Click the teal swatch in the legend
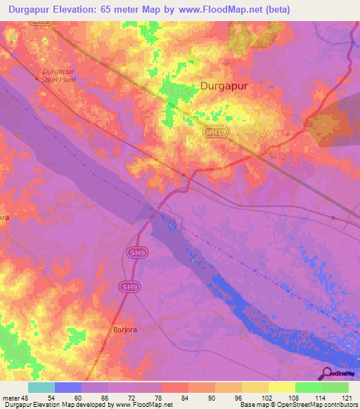tap(41, 387)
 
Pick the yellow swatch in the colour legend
tap(281, 387)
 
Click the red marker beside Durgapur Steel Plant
tap(37, 79)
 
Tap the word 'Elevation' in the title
tap(79, 10)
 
